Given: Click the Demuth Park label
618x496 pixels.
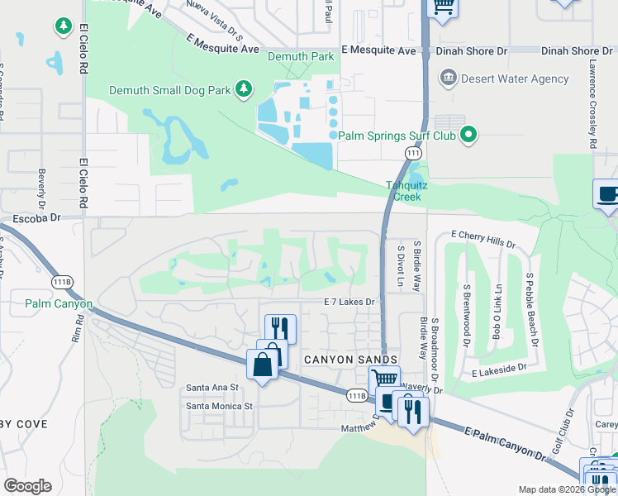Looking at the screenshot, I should point(301,56).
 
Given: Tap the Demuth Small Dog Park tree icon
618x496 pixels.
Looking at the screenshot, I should point(243,88).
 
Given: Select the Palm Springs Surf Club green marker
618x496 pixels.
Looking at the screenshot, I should point(468,134).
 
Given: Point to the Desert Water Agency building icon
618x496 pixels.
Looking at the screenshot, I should point(448,79).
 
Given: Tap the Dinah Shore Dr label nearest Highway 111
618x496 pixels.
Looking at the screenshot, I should point(468,51).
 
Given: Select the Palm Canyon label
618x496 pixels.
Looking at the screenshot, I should point(59,303).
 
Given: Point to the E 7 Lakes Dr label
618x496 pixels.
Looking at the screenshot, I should point(349,303).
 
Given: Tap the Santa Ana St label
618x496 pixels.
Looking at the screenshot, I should point(212,387).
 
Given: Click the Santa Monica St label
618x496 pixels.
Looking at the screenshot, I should point(219,406).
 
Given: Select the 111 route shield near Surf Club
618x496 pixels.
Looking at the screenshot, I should point(413,154).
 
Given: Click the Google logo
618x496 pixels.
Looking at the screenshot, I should point(27,486).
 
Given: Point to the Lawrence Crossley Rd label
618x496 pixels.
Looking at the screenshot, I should point(592,98).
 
